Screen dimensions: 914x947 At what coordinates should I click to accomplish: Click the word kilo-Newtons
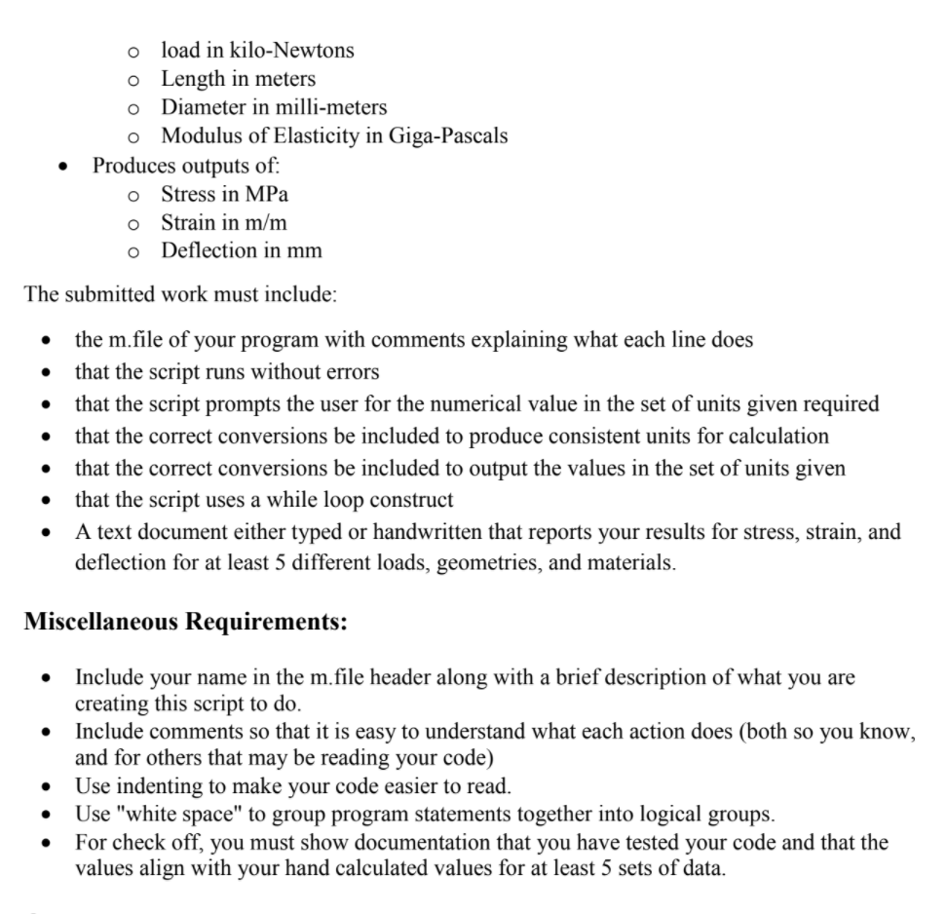point(292,50)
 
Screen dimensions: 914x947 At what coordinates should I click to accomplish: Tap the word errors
point(351,371)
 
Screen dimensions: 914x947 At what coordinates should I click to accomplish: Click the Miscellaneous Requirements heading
point(185,622)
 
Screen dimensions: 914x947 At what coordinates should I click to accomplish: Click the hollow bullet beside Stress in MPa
point(134,194)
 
